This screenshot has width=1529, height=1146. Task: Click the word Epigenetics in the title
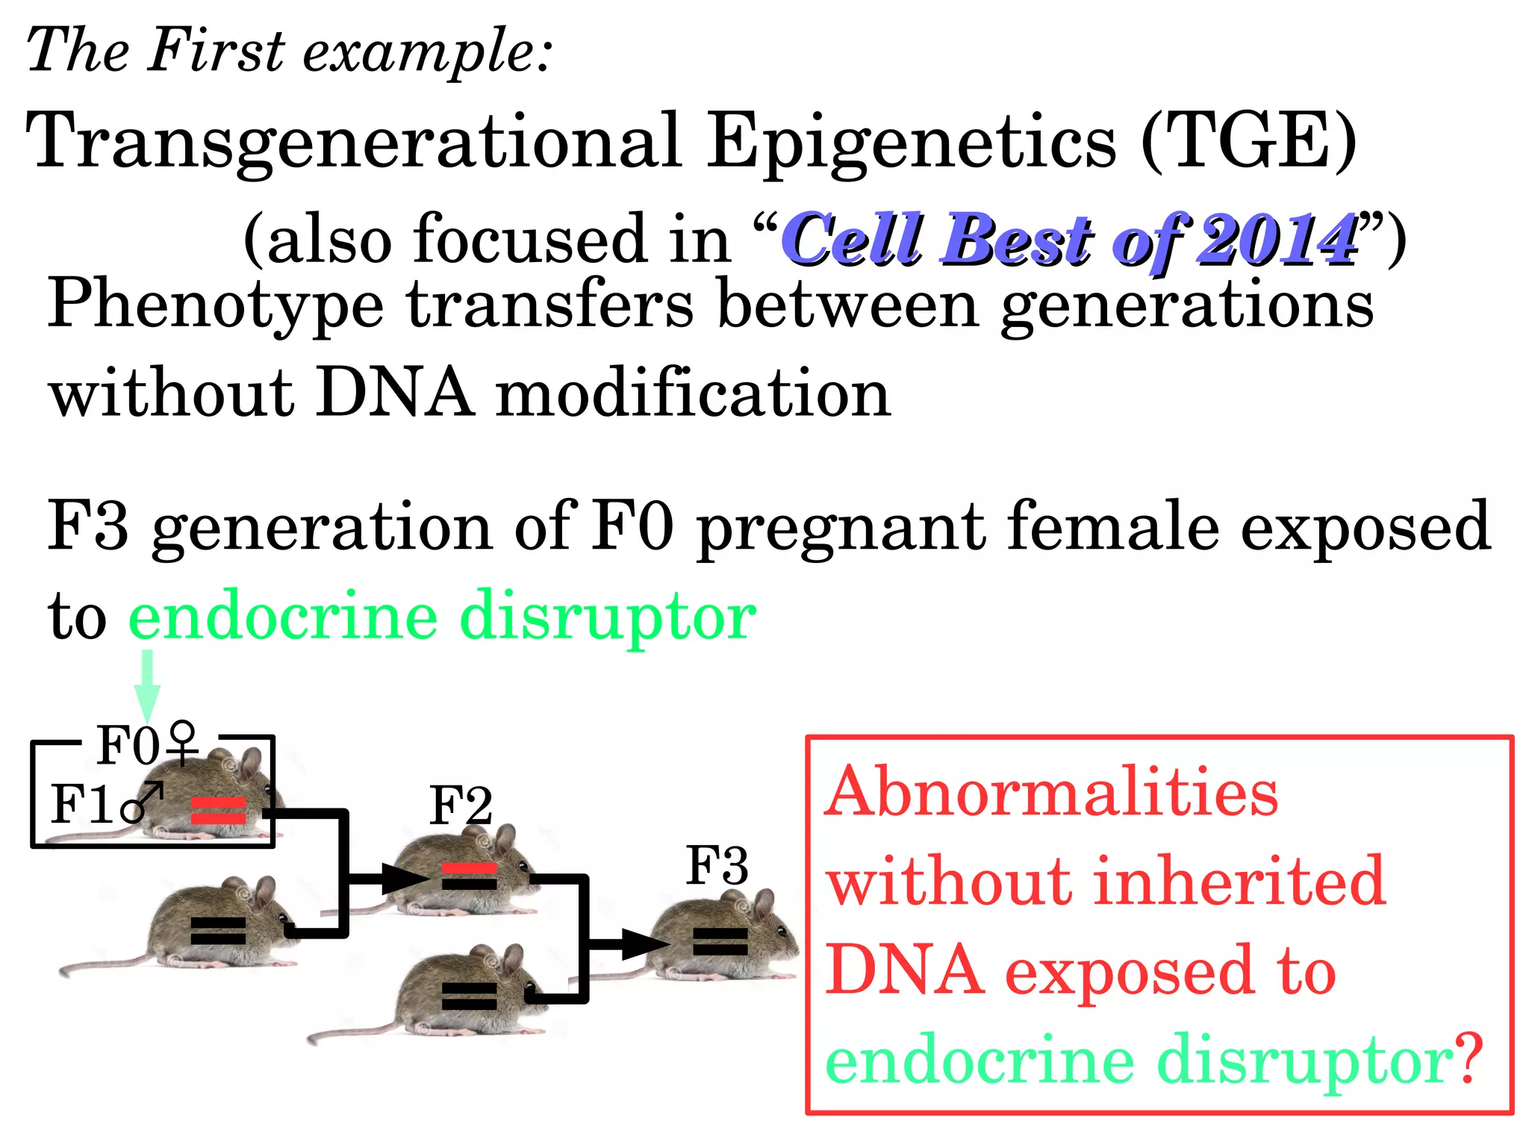pos(912,142)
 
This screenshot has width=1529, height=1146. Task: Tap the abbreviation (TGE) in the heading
pos(1249,142)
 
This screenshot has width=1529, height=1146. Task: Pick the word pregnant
pos(841,527)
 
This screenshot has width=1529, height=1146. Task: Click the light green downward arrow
pos(148,683)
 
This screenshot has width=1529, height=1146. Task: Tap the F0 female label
pos(148,745)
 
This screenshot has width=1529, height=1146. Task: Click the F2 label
pos(461,806)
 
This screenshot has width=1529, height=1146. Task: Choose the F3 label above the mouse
pos(717,866)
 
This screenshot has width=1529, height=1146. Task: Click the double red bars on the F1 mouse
pos(218,811)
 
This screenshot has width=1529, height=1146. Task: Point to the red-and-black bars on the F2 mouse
pos(469,876)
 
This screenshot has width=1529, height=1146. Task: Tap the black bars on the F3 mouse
pos(720,941)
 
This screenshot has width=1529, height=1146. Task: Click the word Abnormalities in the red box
pos(1051,792)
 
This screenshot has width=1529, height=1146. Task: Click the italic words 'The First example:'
pos(289,51)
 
